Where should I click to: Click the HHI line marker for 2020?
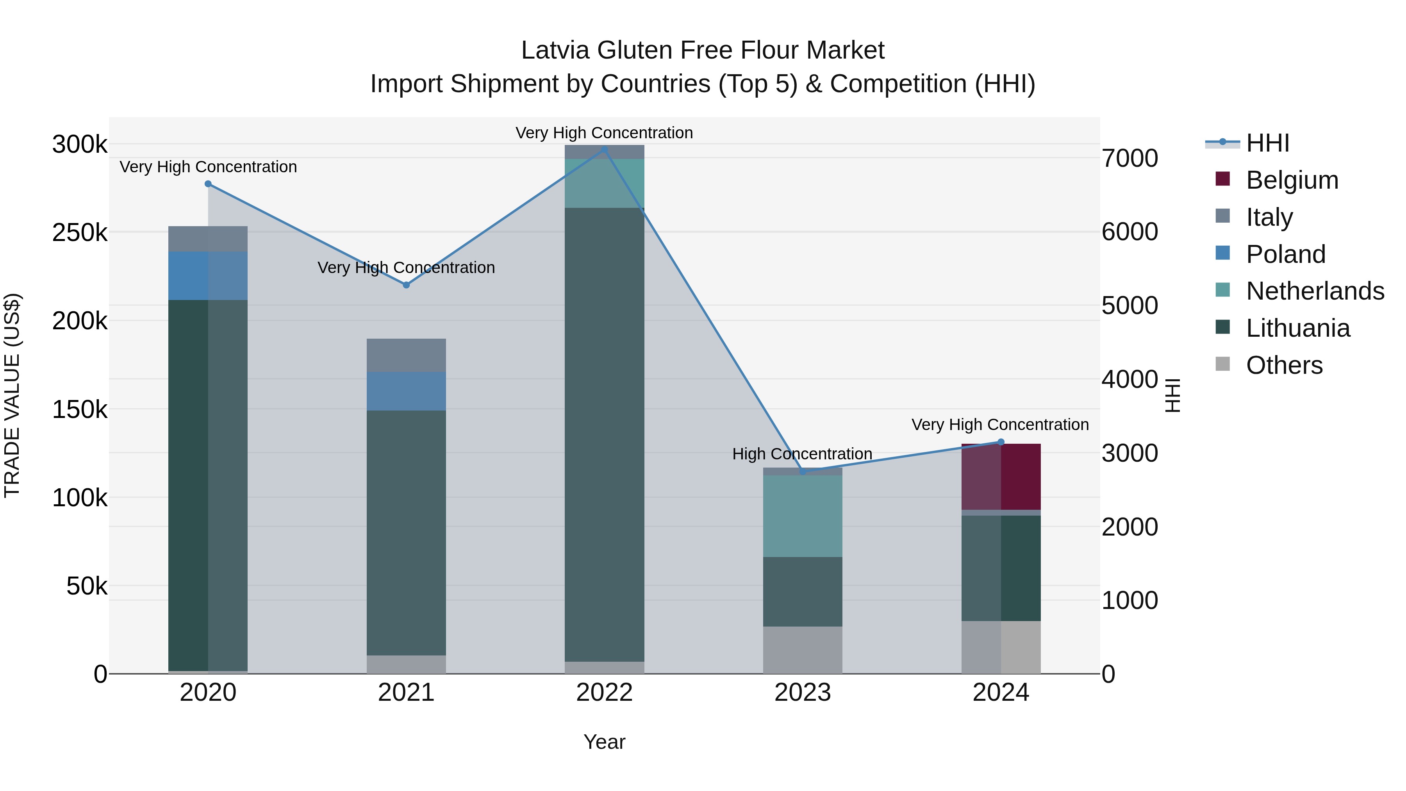pos(208,184)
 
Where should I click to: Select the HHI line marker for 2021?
pos(406,285)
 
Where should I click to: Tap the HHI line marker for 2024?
pos(1001,442)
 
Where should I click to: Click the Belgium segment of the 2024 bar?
pos(1001,477)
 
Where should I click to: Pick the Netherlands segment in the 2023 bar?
pos(802,516)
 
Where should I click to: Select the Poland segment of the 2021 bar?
pos(406,391)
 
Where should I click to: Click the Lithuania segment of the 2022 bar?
pos(604,434)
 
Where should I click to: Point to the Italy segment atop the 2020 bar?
pos(208,239)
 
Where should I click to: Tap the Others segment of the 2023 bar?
pos(802,650)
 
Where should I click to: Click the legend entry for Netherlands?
pos(1315,291)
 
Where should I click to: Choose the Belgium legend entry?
pos(1292,180)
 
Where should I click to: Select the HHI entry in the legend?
pos(1267,143)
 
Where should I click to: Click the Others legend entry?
pos(1284,365)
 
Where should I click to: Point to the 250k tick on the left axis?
pos(80,233)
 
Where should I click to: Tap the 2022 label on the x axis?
pos(604,693)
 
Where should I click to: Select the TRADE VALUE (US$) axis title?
pos(12,395)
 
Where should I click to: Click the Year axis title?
pos(604,742)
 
